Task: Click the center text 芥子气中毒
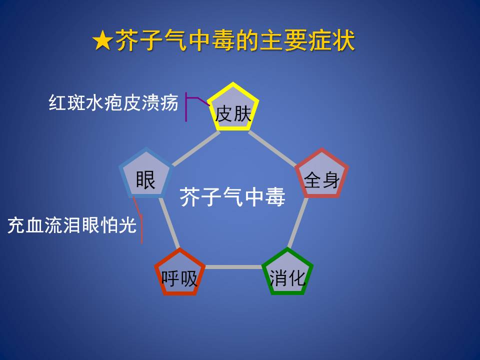232,197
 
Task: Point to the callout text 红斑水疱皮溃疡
113,102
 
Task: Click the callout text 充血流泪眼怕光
72,225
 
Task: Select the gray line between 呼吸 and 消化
233,267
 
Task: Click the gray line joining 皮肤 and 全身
272,149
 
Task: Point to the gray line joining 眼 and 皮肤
196,148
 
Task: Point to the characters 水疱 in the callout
104,102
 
